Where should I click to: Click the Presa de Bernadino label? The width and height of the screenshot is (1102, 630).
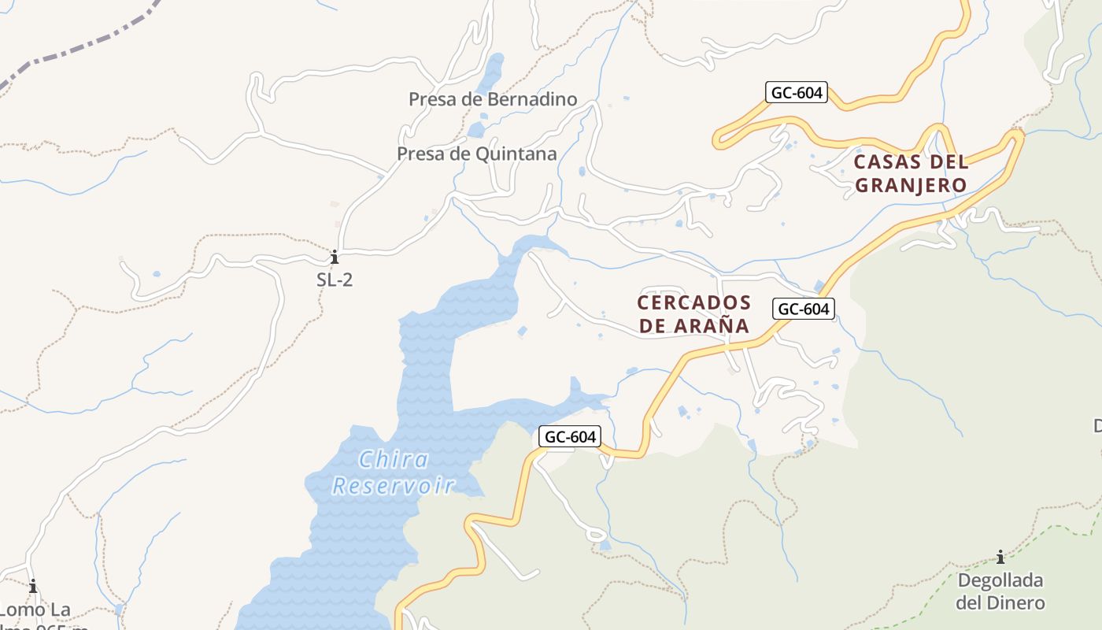493,99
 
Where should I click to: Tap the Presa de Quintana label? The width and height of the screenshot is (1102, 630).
477,154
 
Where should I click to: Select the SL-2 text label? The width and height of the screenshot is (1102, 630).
335,280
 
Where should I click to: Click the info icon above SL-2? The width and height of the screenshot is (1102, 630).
335,257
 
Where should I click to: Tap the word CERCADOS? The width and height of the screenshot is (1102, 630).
693,302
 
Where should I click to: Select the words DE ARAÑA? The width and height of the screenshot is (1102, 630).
693,326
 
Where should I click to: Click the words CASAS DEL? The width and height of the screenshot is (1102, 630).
911,162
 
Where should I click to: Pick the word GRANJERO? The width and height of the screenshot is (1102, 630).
911,186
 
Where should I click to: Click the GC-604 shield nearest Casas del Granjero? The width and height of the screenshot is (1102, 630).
797,92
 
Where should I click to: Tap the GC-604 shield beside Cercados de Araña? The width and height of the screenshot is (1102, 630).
803,309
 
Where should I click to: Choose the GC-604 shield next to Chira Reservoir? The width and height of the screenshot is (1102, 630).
571,437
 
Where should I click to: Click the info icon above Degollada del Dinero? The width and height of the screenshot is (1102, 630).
1000,558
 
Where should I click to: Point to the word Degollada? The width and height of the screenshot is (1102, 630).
1000,581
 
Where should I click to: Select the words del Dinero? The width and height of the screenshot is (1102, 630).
1000,603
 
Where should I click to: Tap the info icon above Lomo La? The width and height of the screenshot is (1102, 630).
33,586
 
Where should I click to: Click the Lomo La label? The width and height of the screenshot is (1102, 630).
35,610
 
